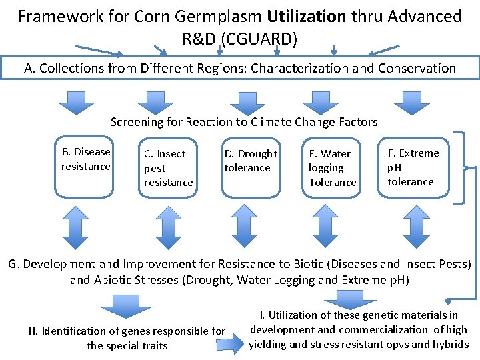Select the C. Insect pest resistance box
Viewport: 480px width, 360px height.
[x=169, y=168]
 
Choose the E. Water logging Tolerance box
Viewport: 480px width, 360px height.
[x=333, y=168]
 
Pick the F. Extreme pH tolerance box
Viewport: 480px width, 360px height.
[x=413, y=167]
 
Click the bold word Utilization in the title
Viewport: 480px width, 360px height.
[x=307, y=16]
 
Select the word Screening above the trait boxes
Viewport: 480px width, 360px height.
[x=137, y=122]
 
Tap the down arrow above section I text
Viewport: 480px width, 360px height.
[x=339, y=298]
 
